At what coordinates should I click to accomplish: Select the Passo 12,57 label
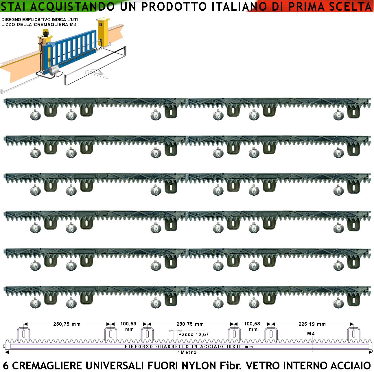coord(194,334)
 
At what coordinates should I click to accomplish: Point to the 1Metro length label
coord(187,352)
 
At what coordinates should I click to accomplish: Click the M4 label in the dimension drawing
coord(311,333)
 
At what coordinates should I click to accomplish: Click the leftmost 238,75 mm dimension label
coord(67,324)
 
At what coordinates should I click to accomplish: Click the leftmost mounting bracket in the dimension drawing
coord(23,334)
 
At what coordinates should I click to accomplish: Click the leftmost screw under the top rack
coord(35,116)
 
